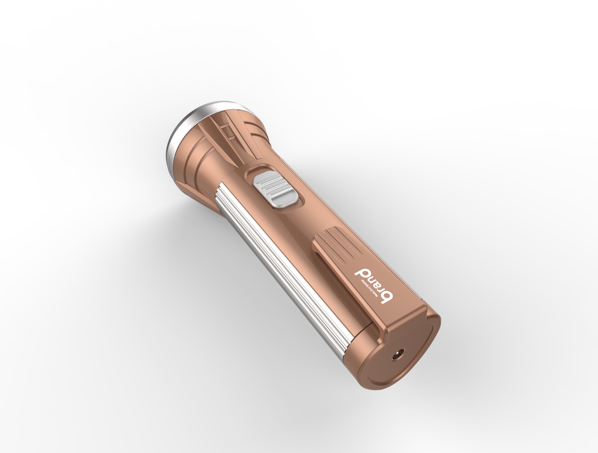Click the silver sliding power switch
[275, 191]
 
